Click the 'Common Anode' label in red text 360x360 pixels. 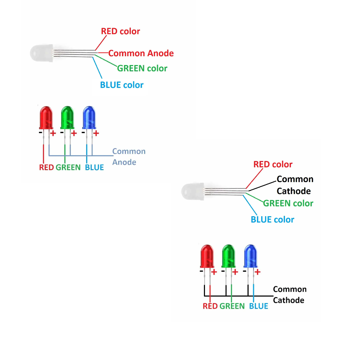pos(141,53)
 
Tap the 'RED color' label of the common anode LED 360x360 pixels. pos(120,31)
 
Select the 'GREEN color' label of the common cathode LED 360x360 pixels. pos(288,203)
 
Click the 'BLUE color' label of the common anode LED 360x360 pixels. pos(122,85)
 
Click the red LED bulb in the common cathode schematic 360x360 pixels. pos(207,256)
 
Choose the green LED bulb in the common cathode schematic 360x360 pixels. pos(229,256)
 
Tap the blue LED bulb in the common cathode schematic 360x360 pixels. pos(251,256)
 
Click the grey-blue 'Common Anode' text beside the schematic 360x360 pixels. pos(129,156)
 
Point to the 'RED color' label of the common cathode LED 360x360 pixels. pos(273,164)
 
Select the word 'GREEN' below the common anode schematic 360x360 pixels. pos(68,167)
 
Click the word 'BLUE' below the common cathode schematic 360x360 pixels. pos(258,306)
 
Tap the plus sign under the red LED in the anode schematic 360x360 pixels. pos(53,133)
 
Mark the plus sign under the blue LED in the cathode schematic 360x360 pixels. pos(257,272)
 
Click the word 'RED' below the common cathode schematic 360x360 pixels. pos(210,306)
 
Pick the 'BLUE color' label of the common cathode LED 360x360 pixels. pos(272,220)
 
